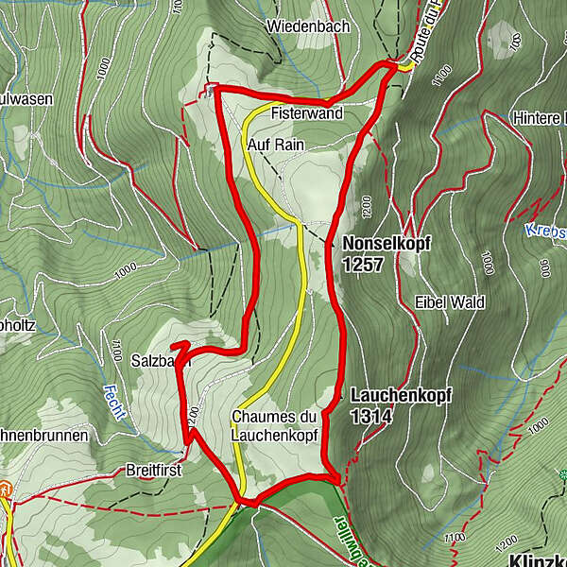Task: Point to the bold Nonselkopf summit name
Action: (387, 243)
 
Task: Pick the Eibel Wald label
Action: (449, 302)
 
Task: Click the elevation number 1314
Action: (369, 416)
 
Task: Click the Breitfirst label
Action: (152, 469)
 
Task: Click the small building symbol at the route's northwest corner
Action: (210, 90)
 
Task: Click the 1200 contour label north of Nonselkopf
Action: (368, 204)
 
